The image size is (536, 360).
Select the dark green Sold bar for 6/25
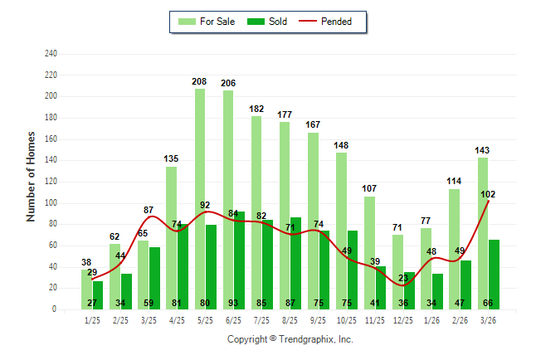point(239,249)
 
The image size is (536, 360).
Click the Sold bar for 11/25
point(381,282)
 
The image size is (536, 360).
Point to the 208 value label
point(199,82)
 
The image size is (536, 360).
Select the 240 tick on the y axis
point(51,54)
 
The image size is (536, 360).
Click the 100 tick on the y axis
point(51,203)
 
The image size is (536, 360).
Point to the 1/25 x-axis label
point(91,320)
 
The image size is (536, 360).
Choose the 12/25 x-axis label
point(403,320)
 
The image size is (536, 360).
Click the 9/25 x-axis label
point(318,320)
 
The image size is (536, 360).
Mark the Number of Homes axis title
point(32,176)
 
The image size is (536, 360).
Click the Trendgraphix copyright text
point(290,339)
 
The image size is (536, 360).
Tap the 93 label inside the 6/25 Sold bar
point(239,302)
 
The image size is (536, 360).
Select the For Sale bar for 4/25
point(171,232)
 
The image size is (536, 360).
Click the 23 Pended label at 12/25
point(404,278)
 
